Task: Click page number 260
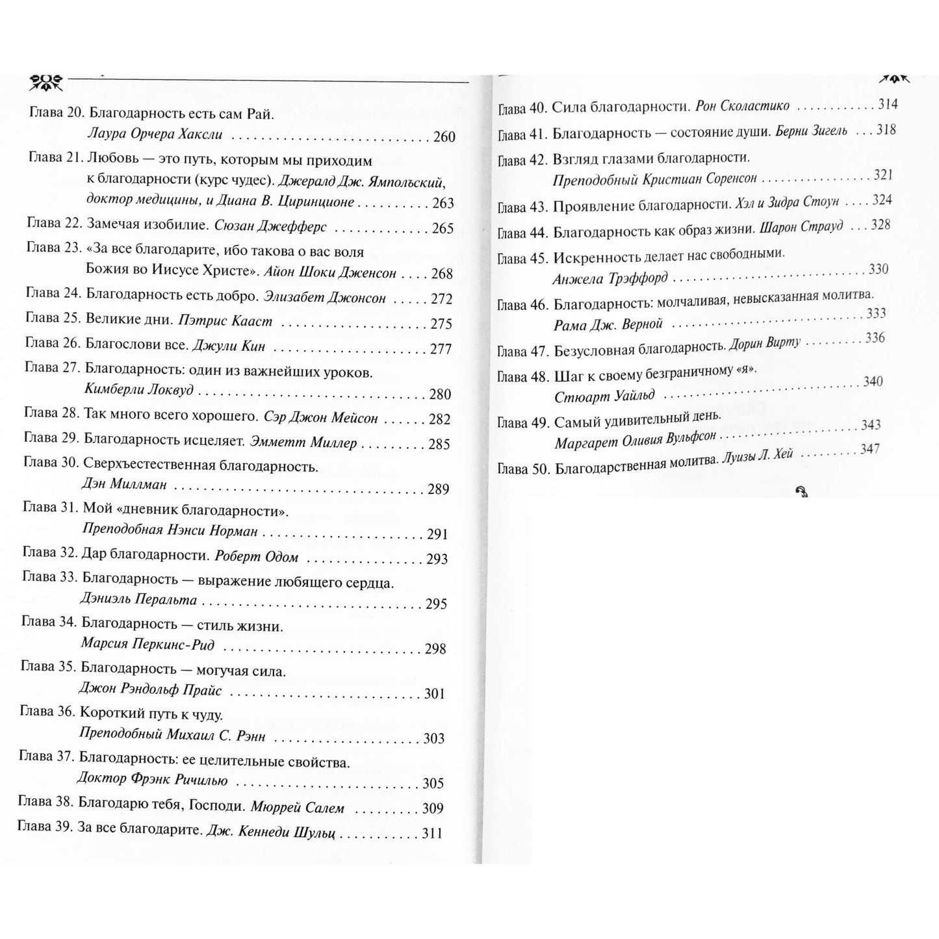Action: (x=444, y=136)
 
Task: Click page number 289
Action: (x=439, y=489)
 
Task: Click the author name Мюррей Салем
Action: (x=297, y=808)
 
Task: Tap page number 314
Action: (x=887, y=104)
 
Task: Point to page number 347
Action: (x=869, y=449)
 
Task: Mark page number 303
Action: (x=433, y=738)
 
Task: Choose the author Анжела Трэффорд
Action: (x=610, y=279)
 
